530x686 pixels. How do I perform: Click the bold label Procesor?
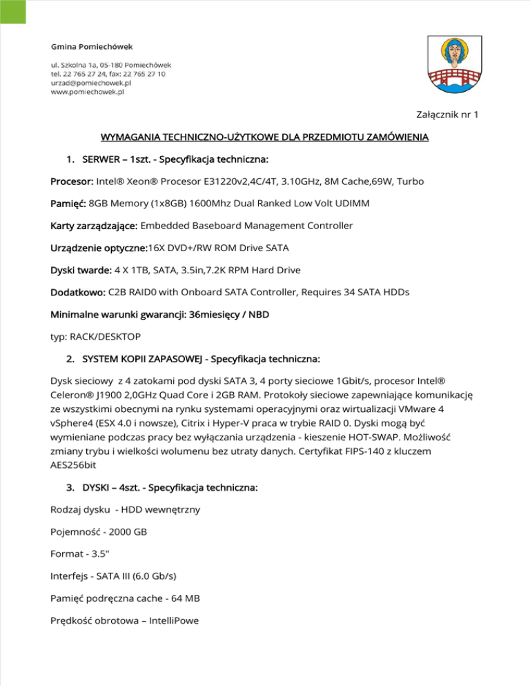point(72,182)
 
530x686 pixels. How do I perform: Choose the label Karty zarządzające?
point(95,226)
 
